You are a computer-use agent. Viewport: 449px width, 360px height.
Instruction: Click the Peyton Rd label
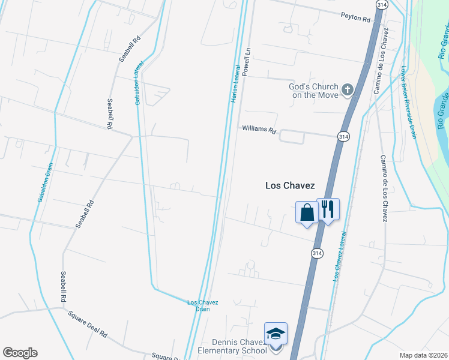[x=355, y=17]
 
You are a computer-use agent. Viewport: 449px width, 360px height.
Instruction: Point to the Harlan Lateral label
[x=236, y=84]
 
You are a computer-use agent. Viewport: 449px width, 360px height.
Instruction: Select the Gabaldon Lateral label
[x=139, y=83]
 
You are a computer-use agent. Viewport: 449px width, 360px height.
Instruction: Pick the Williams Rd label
[x=259, y=130]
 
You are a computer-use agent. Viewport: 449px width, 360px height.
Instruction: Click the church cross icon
[x=347, y=91]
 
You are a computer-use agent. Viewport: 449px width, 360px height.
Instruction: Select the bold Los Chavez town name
[x=290, y=186]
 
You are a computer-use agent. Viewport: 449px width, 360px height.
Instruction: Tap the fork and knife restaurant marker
[x=328, y=209]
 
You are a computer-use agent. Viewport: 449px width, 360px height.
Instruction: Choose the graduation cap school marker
[x=276, y=334]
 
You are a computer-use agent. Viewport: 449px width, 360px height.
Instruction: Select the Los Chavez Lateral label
[x=340, y=256]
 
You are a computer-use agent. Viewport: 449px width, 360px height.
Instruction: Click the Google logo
[x=20, y=353]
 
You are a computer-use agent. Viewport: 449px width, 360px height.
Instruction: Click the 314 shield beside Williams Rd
[x=343, y=137]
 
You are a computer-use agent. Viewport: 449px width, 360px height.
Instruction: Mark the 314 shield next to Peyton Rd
[x=381, y=4]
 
